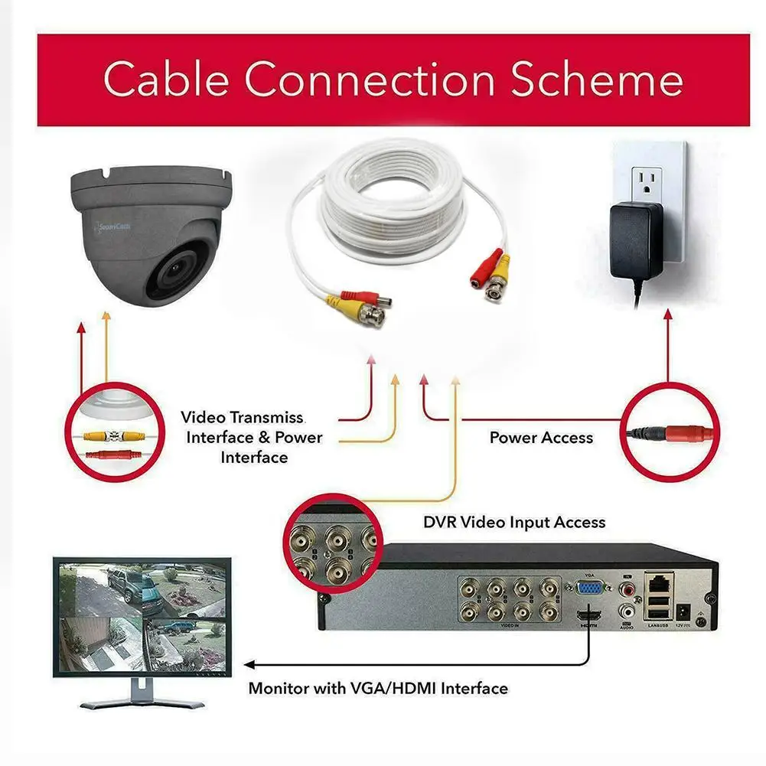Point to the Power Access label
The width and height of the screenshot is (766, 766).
pos(541,438)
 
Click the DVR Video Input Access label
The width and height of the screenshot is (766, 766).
pos(514,523)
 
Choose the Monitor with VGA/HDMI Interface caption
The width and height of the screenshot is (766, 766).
pos(378,688)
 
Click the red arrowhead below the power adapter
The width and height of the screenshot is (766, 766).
pos(667,315)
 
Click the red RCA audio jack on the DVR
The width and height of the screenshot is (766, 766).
pos(628,589)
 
